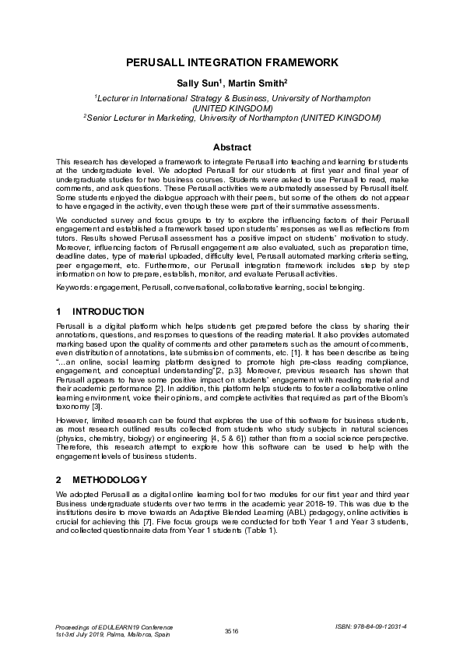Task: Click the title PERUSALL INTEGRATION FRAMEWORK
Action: [231, 62]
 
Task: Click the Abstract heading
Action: [232, 147]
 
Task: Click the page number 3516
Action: [231, 630]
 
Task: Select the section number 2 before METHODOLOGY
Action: [59, 479]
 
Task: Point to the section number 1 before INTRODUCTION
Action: [59, 312]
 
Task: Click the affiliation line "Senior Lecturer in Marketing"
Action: [232, 118]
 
